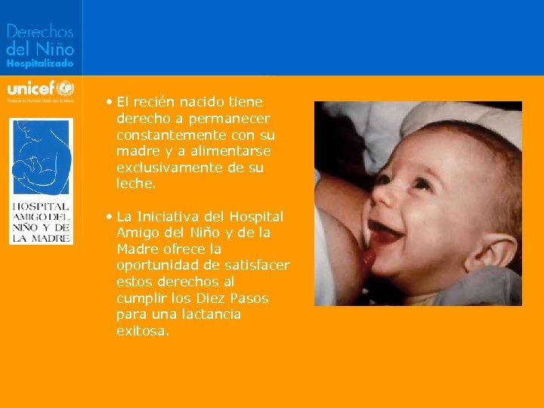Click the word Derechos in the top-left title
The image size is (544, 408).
pyautogui.click(x=40, y=31)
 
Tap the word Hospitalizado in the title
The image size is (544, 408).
pyautogui.click(x=40, y=65)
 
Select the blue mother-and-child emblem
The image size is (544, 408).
pyautogui.click(x=41, y=156)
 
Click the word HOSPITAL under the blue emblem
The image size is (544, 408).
pyautogui.click(x=41, y=206)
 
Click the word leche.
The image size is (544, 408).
pyautogui.click(x=136, y=184)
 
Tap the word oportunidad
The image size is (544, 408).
pyautogui.click(x=159, y=266)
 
